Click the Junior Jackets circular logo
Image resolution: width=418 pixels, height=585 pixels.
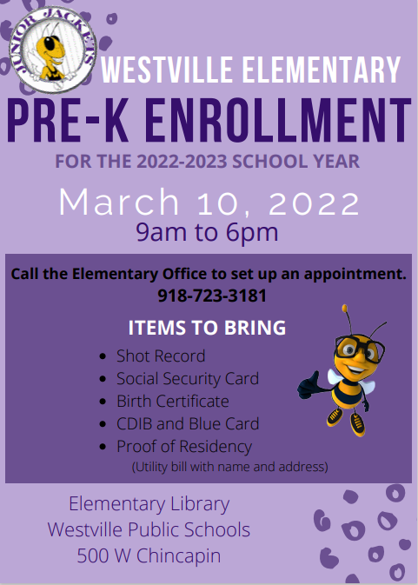(x=53, y=50)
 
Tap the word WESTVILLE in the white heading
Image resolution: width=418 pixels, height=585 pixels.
(x=167, y=70)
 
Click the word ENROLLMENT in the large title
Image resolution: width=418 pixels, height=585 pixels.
(x=278, y=120)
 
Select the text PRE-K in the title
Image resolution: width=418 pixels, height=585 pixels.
(x=68, y=120)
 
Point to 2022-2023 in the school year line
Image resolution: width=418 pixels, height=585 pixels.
(x=182, y=162)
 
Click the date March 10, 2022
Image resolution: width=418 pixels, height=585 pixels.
(x=209, y=202)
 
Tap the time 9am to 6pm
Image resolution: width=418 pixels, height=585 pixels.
(x=207, y=232)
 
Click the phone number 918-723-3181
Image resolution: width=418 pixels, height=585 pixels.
(x=212, y=296)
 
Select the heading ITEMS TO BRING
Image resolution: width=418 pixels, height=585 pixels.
(x=207, y=328)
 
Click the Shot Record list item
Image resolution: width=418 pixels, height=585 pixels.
(x=161, y=356)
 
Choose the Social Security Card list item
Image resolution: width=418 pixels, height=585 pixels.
(x=188, y=379)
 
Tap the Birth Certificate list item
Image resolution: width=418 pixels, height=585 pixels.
(x=173, y=402)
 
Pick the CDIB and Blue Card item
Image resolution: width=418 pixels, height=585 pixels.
(x=188, y=424)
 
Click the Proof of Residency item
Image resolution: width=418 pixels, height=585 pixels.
(x=184, y=447)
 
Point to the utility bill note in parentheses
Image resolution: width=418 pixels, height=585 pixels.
(x=229, y=467)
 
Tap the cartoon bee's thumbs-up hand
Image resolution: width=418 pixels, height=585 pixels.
(x=309, y=385)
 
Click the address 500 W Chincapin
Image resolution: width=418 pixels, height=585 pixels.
(x=149, y=555)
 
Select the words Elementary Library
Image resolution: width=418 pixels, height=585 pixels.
(x=149, y=504)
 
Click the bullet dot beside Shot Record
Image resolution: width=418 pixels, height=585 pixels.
(x=103, y=356)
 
